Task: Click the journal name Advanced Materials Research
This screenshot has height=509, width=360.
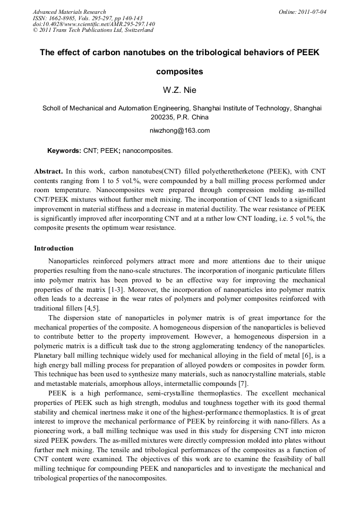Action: tap(69, 12)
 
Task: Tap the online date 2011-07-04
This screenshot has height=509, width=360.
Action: tap(313, 12)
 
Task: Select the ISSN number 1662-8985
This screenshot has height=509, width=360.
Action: tap(63, 18)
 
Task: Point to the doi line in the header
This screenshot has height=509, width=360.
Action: tap(94, 24)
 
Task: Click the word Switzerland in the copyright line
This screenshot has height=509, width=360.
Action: tap(137, 30)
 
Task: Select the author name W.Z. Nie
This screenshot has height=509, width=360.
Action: tap(179, 90)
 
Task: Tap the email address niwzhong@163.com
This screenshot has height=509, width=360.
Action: tap(180, 131)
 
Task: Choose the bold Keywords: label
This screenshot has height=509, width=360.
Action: tap(64, 151)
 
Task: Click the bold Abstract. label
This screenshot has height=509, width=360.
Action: tap(49, 172)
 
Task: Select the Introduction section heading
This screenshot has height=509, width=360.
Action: tap(54, 248)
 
